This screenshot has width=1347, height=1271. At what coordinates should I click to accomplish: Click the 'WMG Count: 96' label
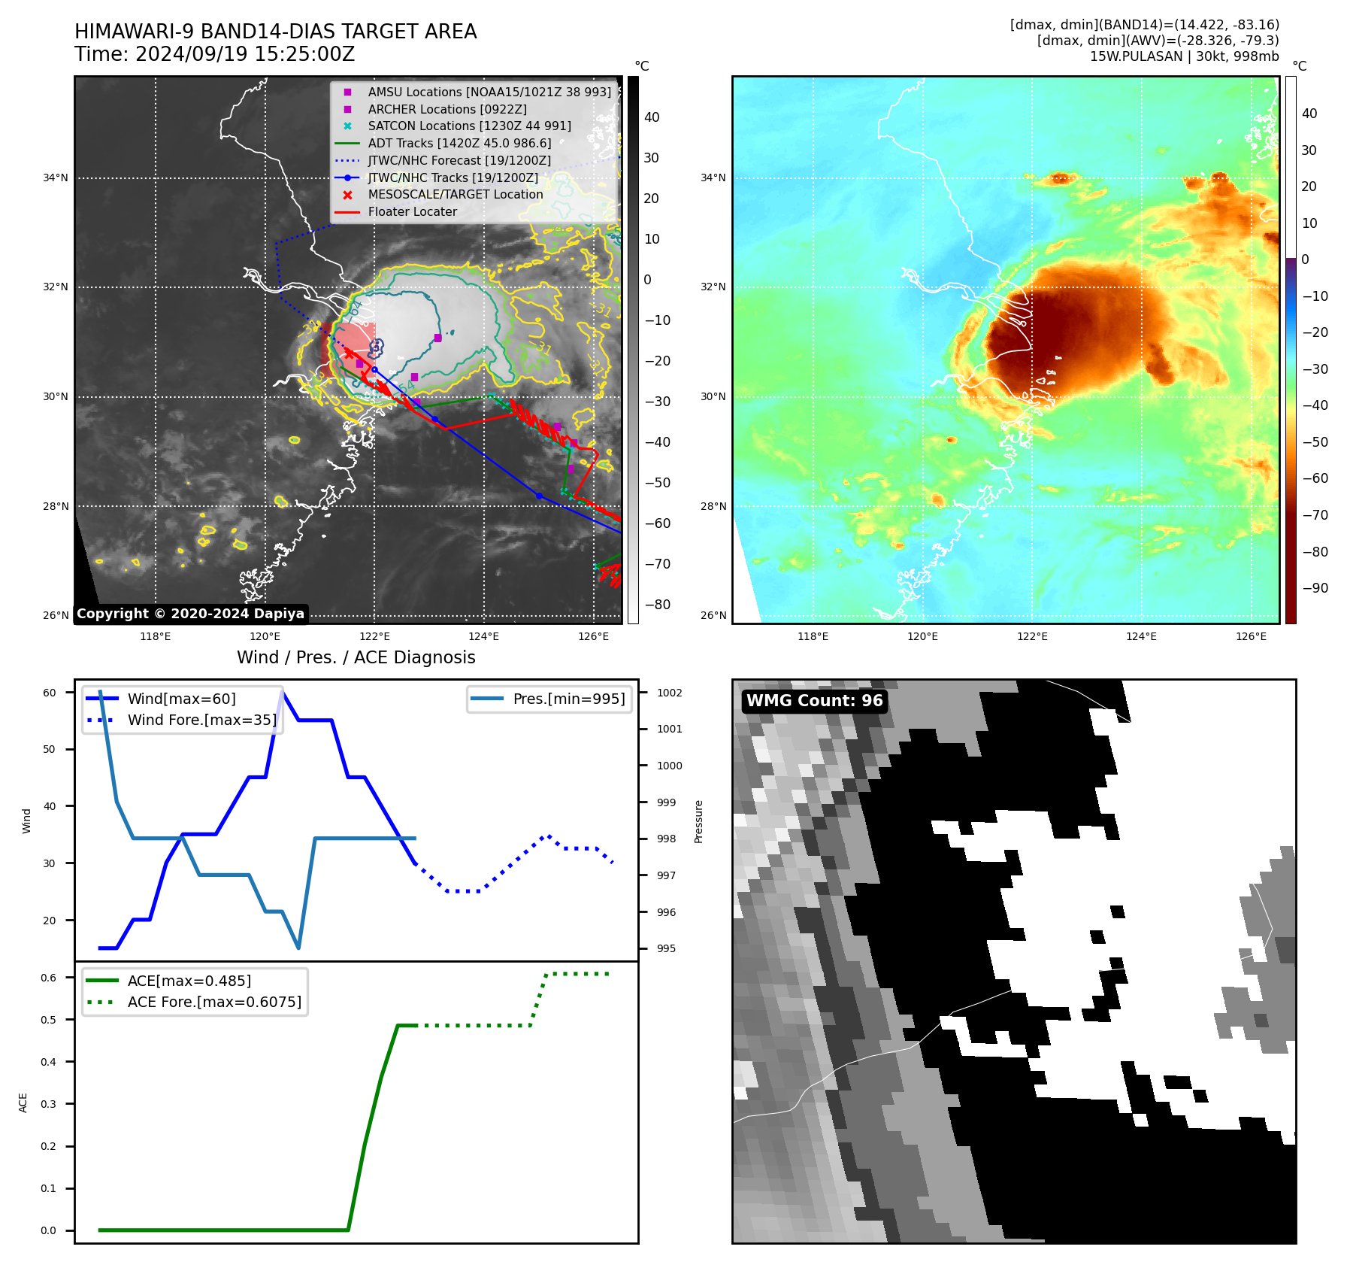(x=814, y=701)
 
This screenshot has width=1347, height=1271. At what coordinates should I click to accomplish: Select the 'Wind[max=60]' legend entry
(x=181, y=699)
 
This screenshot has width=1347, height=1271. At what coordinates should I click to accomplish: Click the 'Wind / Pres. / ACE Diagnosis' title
(x=356, y=657)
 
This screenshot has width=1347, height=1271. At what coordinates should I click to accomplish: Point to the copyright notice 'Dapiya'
(x=190, y=614)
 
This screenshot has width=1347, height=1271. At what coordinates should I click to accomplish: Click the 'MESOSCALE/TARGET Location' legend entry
(x=455, y=194)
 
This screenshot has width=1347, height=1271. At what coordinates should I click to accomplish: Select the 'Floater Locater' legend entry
(x=412, y=211)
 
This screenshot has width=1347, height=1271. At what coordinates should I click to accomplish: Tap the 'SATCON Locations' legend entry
(x=469, y=126)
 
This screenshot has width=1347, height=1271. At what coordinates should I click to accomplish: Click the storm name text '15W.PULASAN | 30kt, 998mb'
(x=1184, y=56)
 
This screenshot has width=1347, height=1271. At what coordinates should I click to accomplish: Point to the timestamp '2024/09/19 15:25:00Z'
(x=245, y=54)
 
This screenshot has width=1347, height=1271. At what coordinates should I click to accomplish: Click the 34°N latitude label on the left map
(x=55, y=178)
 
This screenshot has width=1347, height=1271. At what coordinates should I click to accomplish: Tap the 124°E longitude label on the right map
(x=1141, y=636)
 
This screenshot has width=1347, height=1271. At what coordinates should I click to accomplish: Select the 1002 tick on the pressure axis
(x=669, y=693)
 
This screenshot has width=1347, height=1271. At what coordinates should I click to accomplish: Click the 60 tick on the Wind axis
(x=50, y=693)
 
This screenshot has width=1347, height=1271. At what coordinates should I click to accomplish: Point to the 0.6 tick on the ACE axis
(x=49, y=978)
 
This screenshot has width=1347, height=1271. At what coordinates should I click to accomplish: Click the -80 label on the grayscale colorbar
(x=657, y=605)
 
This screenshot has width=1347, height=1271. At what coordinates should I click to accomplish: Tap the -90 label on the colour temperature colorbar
(x=1315, y=588)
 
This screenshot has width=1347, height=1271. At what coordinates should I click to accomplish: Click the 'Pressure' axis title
(x=698, y=821)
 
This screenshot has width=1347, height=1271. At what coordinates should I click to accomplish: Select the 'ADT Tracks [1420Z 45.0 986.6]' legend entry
(x=459, y=143)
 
